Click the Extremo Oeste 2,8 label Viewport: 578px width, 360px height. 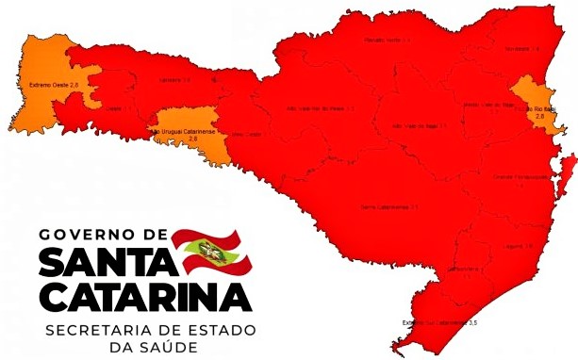pos(53,86)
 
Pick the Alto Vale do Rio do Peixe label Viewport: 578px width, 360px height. pos(319,108)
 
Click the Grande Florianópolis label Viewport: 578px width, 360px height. pos(520,177)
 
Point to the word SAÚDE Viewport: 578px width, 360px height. pos(168,348)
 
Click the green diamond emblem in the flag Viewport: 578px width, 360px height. pos(201,250)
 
